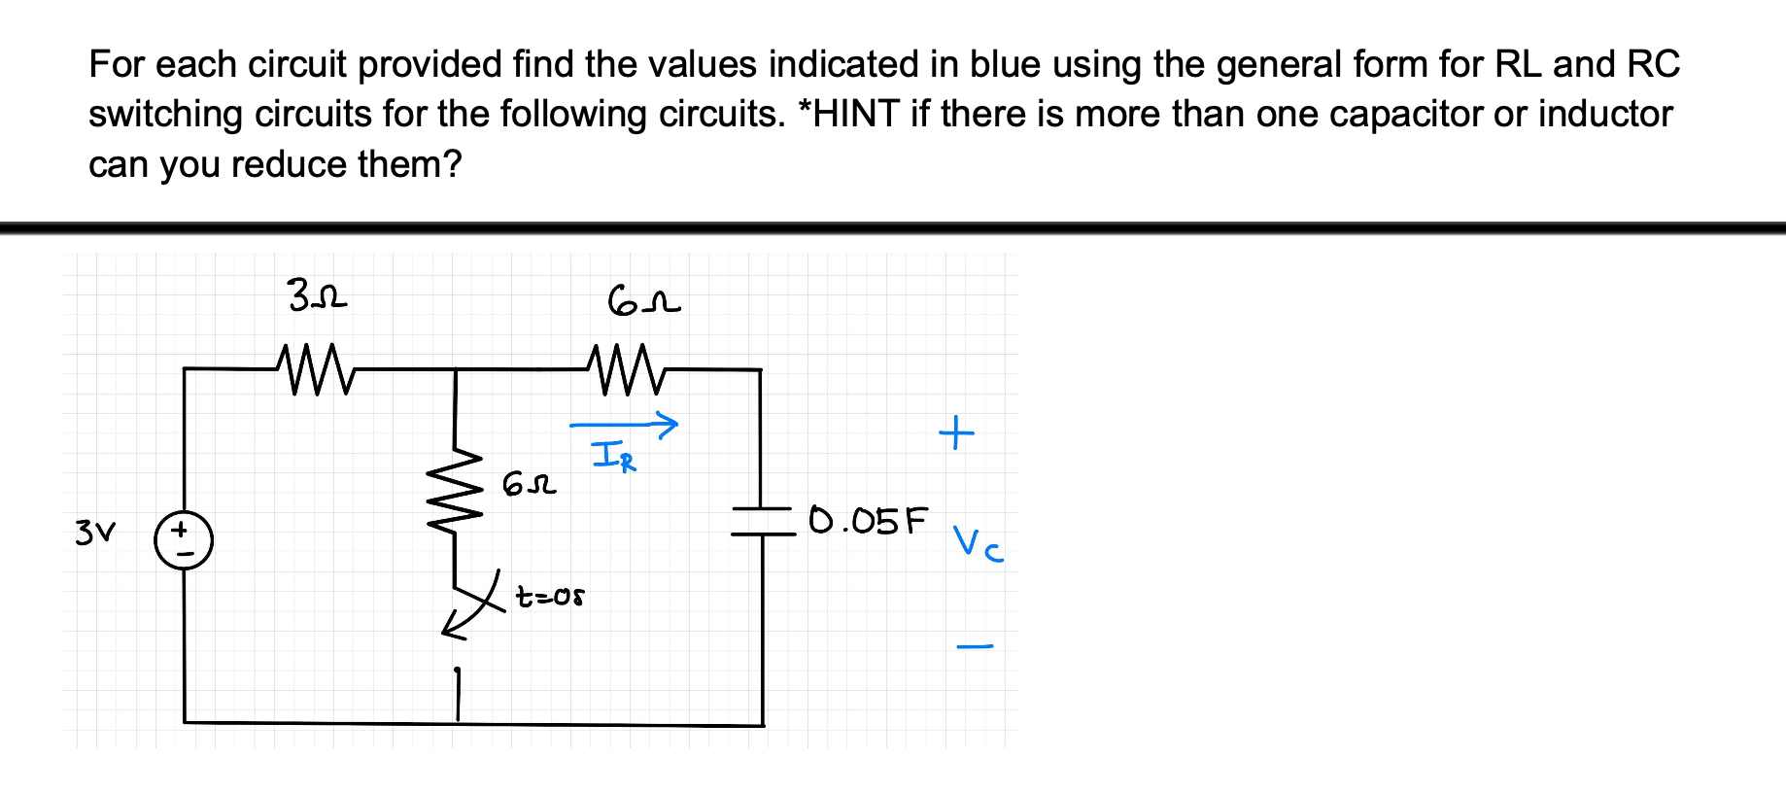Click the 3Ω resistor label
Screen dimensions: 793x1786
point(318,294)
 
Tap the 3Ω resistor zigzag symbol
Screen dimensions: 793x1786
point(317,369)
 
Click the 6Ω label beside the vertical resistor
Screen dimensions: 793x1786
point(530,483)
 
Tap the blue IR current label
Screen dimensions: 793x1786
point(614,456)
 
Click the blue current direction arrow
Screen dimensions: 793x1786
point(623,425)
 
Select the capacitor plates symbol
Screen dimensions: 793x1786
point(764,521)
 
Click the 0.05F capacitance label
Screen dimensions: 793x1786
point(868,521)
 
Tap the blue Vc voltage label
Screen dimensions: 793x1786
point(978,543)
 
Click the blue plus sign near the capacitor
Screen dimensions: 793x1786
point(956,431)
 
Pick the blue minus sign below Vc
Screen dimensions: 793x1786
point(975,645)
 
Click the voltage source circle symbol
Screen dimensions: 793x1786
point(184,540)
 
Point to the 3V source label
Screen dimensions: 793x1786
point(95,533)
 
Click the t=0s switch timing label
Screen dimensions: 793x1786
point(550,596)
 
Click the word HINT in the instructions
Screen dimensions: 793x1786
point(858,115)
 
